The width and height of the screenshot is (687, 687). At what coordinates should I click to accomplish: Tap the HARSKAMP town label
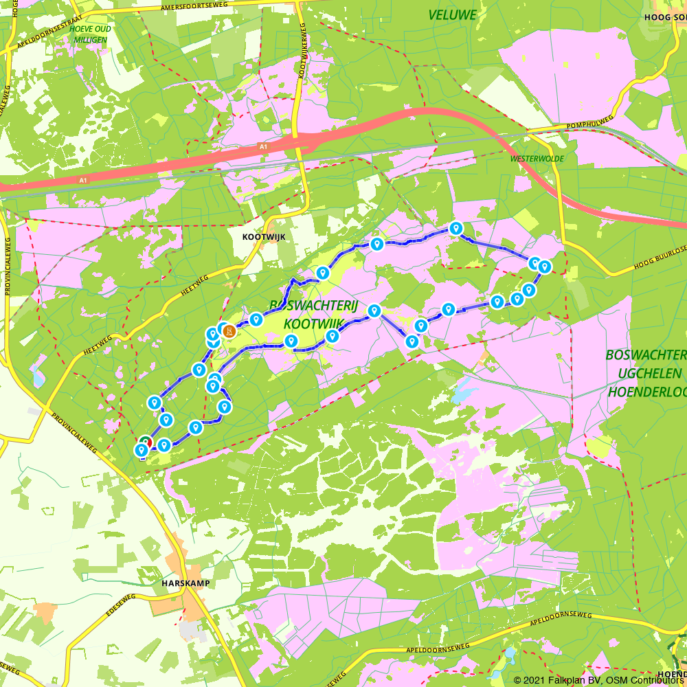coord(185,583)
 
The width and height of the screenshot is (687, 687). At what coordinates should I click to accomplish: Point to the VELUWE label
coord(452,15)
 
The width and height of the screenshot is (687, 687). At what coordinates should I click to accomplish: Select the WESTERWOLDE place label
coord(537,159)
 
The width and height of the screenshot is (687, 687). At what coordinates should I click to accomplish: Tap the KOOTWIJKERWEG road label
coord(302,48)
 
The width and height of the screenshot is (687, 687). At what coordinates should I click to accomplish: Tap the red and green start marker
coord(146,442)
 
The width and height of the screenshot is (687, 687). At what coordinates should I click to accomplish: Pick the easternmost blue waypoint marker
coord(544,267)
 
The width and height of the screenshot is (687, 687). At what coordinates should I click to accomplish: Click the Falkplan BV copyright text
coord(574,680)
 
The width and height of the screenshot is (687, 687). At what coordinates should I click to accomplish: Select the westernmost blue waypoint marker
coord(142,450)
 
